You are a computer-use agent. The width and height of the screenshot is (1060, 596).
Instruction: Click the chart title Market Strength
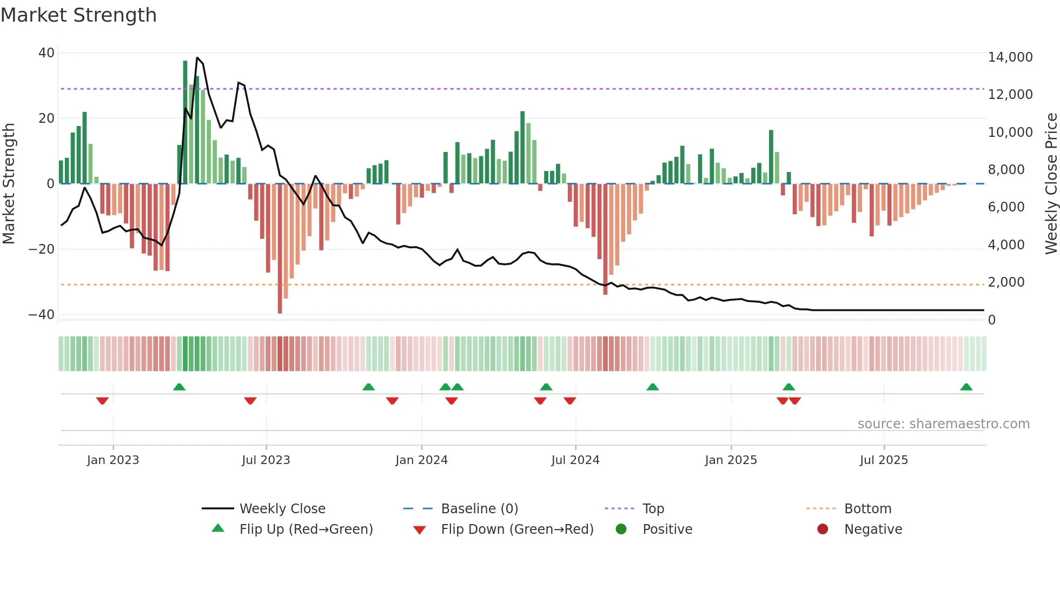(78, 15)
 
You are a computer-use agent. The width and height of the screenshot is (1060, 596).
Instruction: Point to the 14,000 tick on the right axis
(1010, 57)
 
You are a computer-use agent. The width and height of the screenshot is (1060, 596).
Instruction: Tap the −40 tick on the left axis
(41, 315)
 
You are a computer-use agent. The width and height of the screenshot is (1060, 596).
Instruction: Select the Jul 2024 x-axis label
(575, 460)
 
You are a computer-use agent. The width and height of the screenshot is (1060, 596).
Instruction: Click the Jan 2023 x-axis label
(112, 460)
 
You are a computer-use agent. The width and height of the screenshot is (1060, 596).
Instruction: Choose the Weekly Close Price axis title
(1051, 183)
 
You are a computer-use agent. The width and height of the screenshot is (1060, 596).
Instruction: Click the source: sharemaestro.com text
(943, 424)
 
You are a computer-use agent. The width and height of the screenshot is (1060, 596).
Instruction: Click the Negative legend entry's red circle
(822, 529)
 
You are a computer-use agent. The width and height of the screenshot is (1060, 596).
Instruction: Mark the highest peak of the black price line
(197, 58)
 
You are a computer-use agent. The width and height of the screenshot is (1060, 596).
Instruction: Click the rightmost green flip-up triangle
(966, 387)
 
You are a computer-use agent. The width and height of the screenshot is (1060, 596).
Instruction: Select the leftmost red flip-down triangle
(102, 401)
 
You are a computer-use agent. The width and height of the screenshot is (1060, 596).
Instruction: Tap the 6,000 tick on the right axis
(1006, 207)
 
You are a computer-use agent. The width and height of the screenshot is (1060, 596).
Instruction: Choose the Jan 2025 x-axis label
(731, 460)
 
